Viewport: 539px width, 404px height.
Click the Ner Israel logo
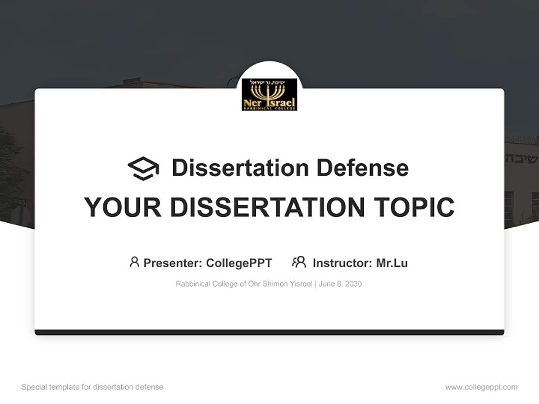click(269, 94)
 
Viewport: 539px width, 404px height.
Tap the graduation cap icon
click(143, 168)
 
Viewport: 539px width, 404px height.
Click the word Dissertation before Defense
click(240, 168)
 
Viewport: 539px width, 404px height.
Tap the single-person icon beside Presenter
click(134, 262)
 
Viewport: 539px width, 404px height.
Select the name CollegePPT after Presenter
click(239, 263)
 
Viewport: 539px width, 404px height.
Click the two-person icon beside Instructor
click(299, 262)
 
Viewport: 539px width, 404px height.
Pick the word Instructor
click(341, 263)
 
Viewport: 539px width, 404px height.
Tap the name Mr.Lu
click(392, 263)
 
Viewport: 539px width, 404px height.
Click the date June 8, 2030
click(340, 284)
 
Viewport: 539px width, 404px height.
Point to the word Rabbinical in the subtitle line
click(192, 284)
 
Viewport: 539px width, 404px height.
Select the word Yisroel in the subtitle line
click(302, 284)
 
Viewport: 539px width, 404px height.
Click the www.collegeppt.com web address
click(481, 387)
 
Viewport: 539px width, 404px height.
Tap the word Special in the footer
click(33, 387)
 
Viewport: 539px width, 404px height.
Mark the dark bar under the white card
click(269, 332)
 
